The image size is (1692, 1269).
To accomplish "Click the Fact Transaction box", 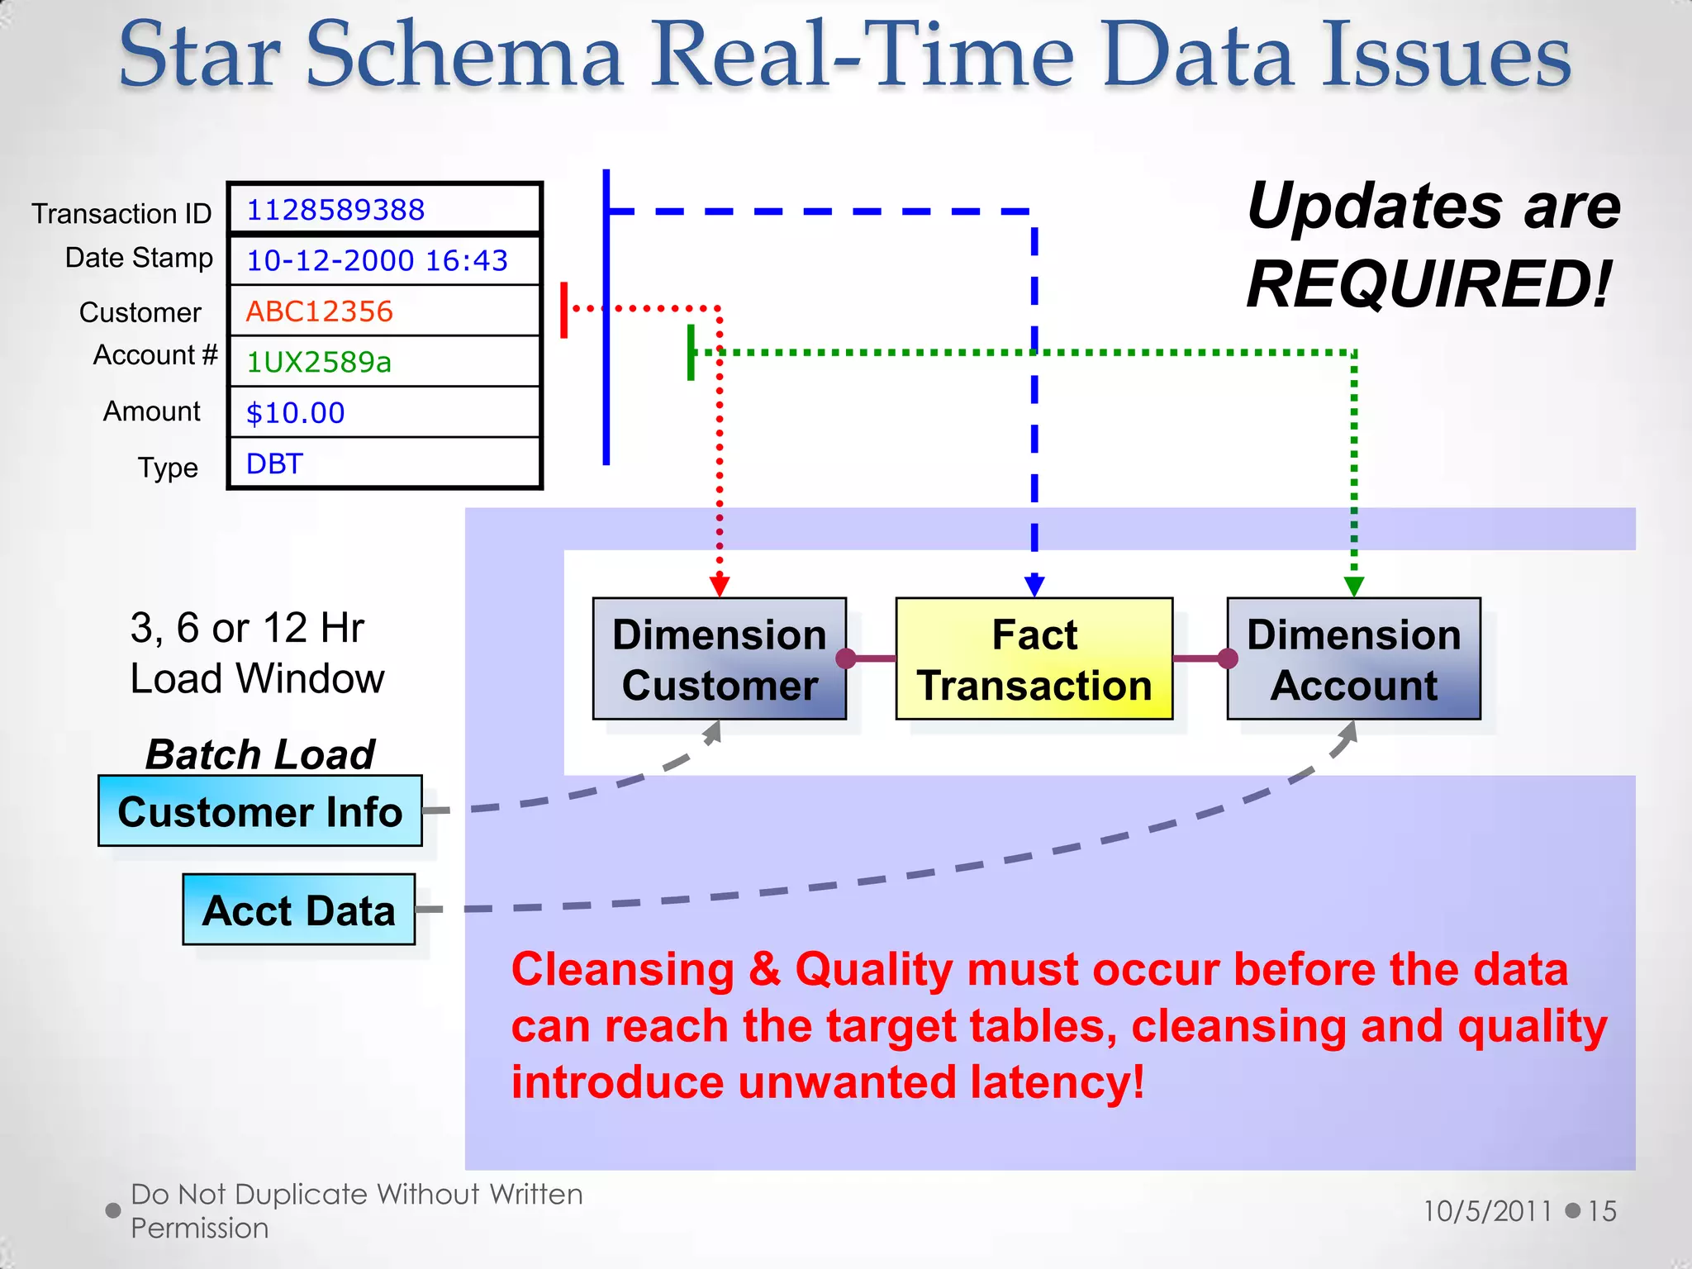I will (x=1034, y=659).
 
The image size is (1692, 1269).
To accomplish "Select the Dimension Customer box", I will (x=719, y=659).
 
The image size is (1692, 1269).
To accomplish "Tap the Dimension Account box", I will (x=1353, y=659).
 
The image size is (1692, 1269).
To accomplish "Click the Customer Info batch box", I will (x=260, y=811).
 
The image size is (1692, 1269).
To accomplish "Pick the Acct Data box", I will (x=298, y=910).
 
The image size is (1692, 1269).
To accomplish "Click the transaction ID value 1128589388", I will (x=335, y=210).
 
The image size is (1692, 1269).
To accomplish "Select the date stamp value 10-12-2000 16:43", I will (x=377, y=261).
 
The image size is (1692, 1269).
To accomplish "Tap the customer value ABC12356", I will (x=320, y=311).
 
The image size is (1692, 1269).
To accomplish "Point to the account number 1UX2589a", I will (x=319, y=362).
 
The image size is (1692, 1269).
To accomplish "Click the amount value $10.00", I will (x=296, y=413).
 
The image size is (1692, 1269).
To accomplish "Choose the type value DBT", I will (x=275, y=463).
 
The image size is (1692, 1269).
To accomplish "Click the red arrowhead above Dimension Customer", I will (x=720, y=586).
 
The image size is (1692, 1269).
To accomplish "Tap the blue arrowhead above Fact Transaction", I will (x=1034, y=586).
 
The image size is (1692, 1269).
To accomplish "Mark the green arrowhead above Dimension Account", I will (x=1353, y=586).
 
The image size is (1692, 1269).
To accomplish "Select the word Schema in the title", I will (x=464, y=56).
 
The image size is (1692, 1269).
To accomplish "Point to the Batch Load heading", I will (x=260, y=753).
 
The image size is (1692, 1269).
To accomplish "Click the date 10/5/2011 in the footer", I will (x=1487, y=1211).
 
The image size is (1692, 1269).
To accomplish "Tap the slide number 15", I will (x=1602, y=1211).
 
